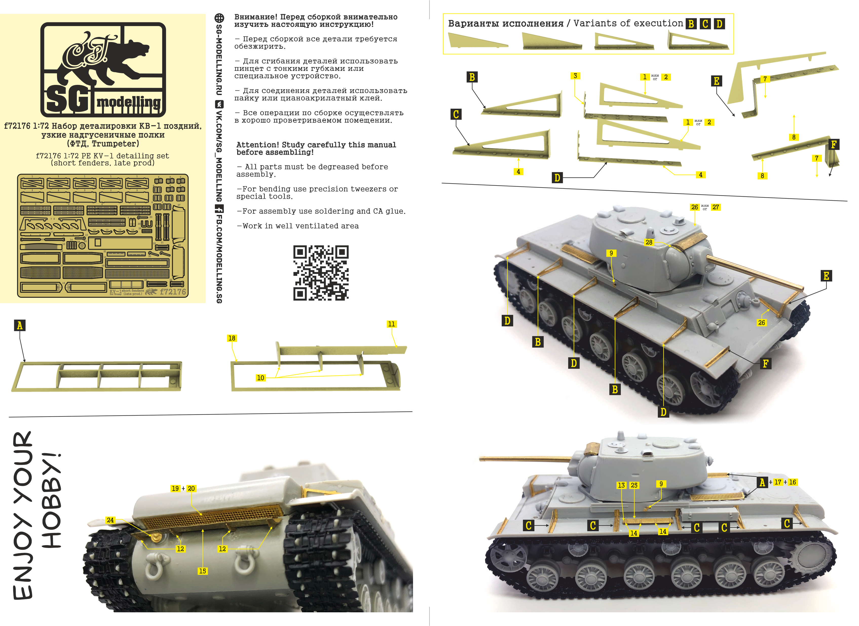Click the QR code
tap(321, 273)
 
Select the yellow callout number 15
tap(203, 571)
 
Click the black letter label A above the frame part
tap(20, 325)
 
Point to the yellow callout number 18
tap(232, 338)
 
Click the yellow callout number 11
tap(392, 324)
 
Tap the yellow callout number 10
tap(260, 378)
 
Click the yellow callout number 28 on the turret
tap(649, 242)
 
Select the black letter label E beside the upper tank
tap(826, 275)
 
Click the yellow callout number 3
tap(575, 76)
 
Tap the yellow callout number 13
tap(621, 485)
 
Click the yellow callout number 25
tap(634, 485)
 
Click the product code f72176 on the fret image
tap(173, 292)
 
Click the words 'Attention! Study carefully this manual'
tap(316, 145)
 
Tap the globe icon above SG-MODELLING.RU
tap(219, 18)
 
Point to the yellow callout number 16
tap(792, 482)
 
